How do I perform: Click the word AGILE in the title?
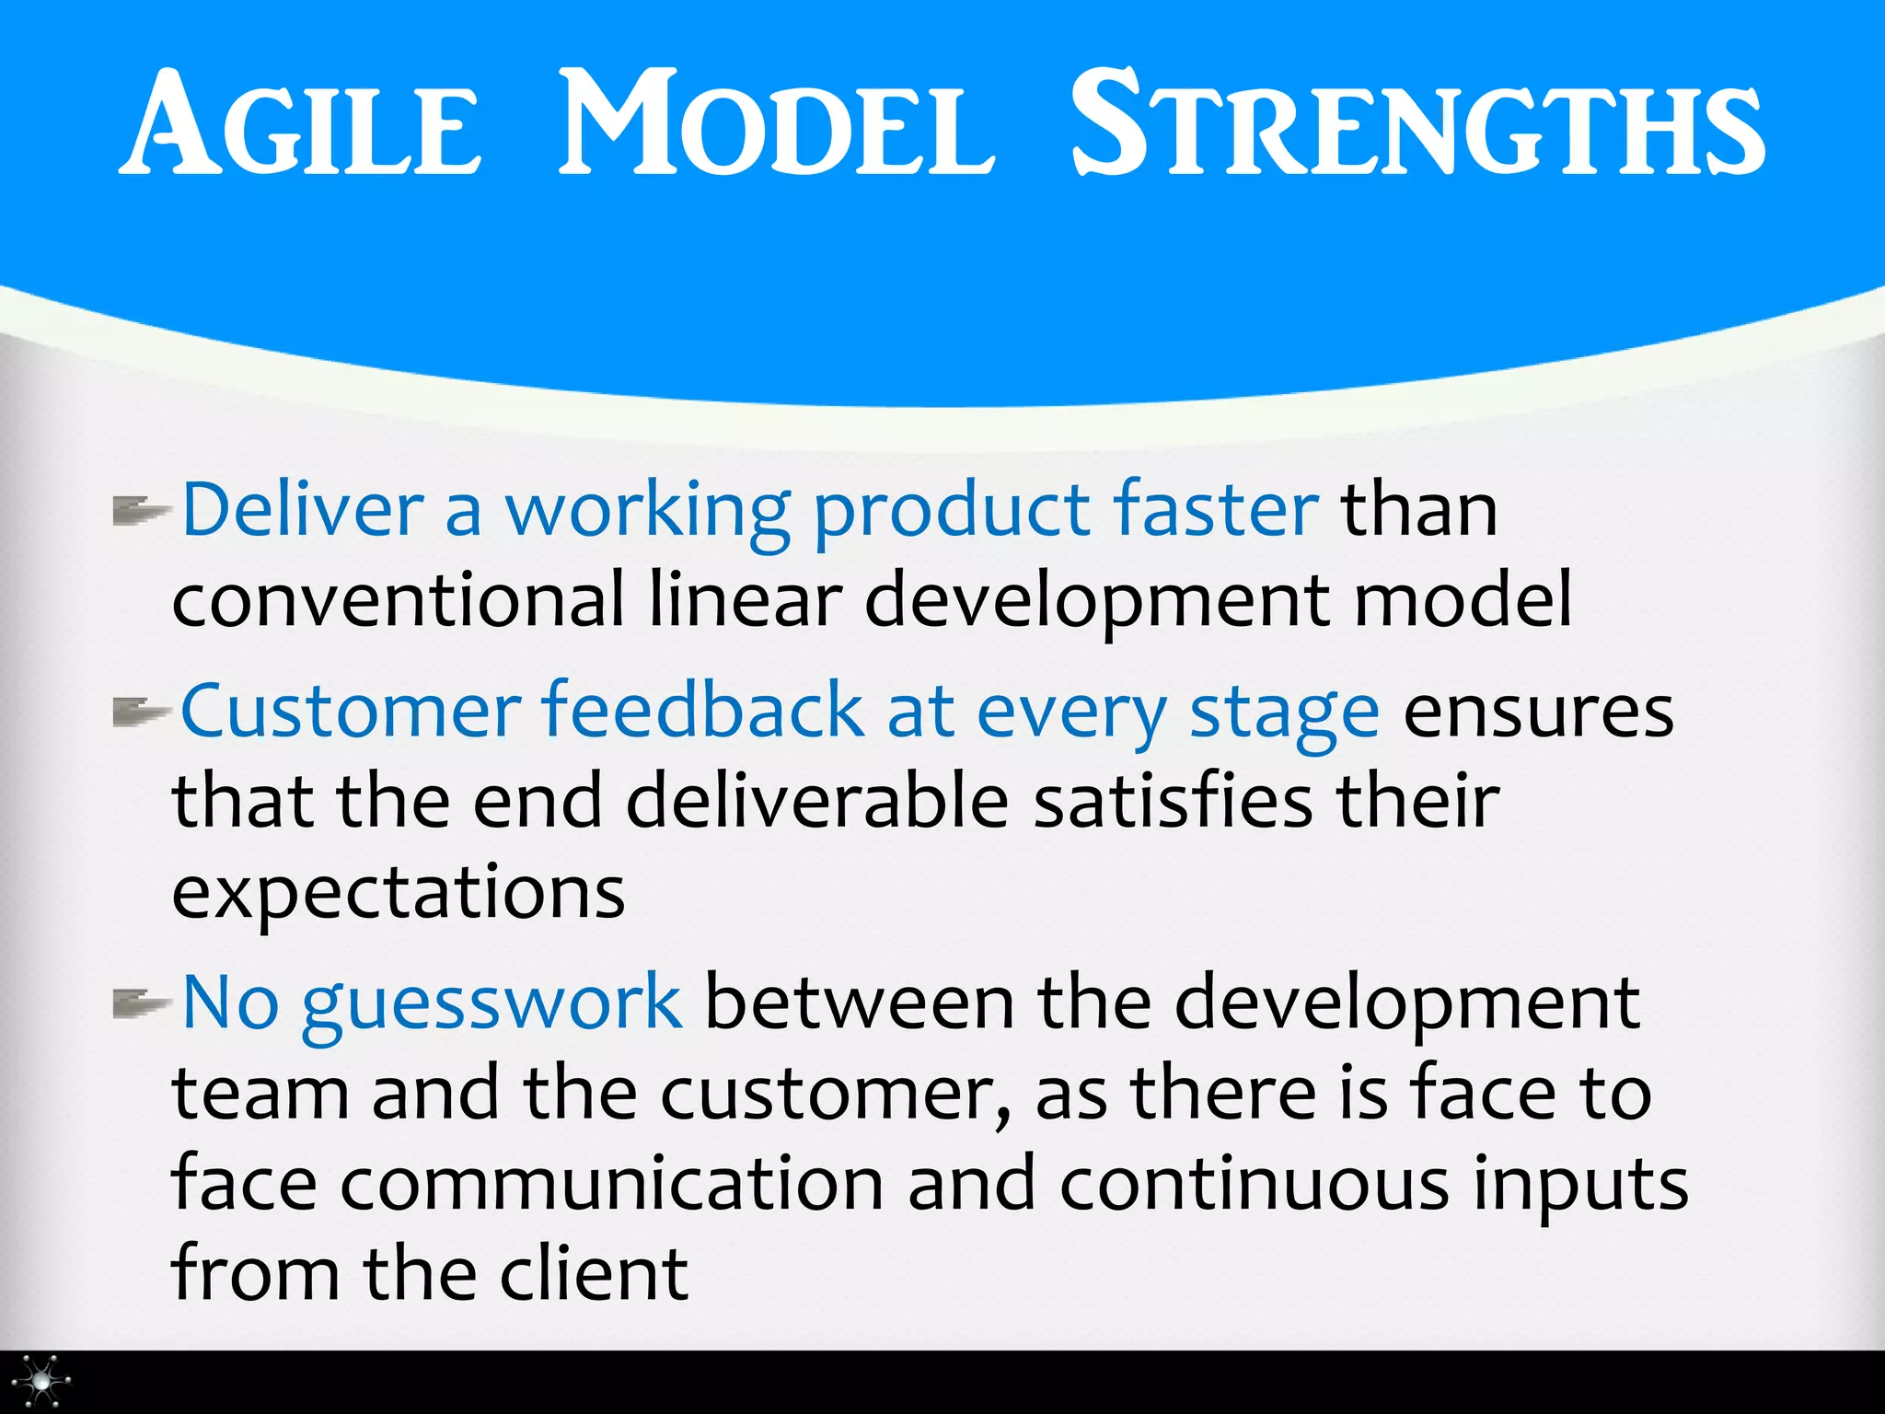coord(301,124)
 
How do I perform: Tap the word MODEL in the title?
coord(776,124)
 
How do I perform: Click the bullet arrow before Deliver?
coord(141,510)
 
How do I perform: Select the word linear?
coord(745,600)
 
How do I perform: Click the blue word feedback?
coord(703,711)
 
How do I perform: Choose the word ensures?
coord(1538,713)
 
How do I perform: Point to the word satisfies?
coord(1173,801)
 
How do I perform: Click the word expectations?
coord(399,893)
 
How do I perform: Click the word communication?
coord(612,1184)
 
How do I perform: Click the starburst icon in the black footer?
coord(41,1381)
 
